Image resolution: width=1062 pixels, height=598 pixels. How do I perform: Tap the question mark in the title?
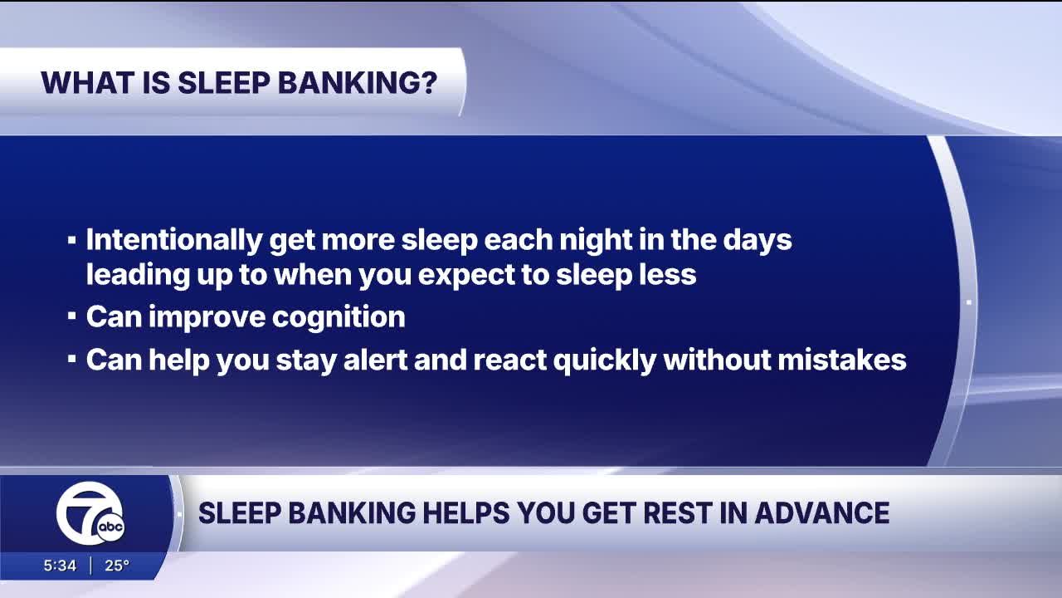[x=428, y=82]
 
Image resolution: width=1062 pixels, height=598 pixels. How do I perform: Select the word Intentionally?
[x=174, y=241]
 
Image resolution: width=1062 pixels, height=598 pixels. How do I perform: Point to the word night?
[x=596, y=241]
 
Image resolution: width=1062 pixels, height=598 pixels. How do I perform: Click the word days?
[x=758, y=241]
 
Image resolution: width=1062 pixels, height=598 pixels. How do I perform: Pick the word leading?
[x=138, y=275]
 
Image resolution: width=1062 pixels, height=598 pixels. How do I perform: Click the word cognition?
[x=339, y=317]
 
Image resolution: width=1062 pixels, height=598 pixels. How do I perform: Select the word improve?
[x=207, y=317]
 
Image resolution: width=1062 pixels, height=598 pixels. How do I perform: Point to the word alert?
[x=375, y=360]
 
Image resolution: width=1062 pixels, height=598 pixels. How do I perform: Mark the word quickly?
[x=605, y=360]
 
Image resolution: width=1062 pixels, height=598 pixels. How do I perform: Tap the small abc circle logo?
[x=111, y=527]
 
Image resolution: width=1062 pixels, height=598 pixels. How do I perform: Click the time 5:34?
[x=60, y=566]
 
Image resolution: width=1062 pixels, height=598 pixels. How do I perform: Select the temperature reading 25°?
[x=117, y=566]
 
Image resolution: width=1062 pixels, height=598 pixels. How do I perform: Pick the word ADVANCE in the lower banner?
[x=822, y=513]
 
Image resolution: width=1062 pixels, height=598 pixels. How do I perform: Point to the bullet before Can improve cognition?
[x=71, y=316]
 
